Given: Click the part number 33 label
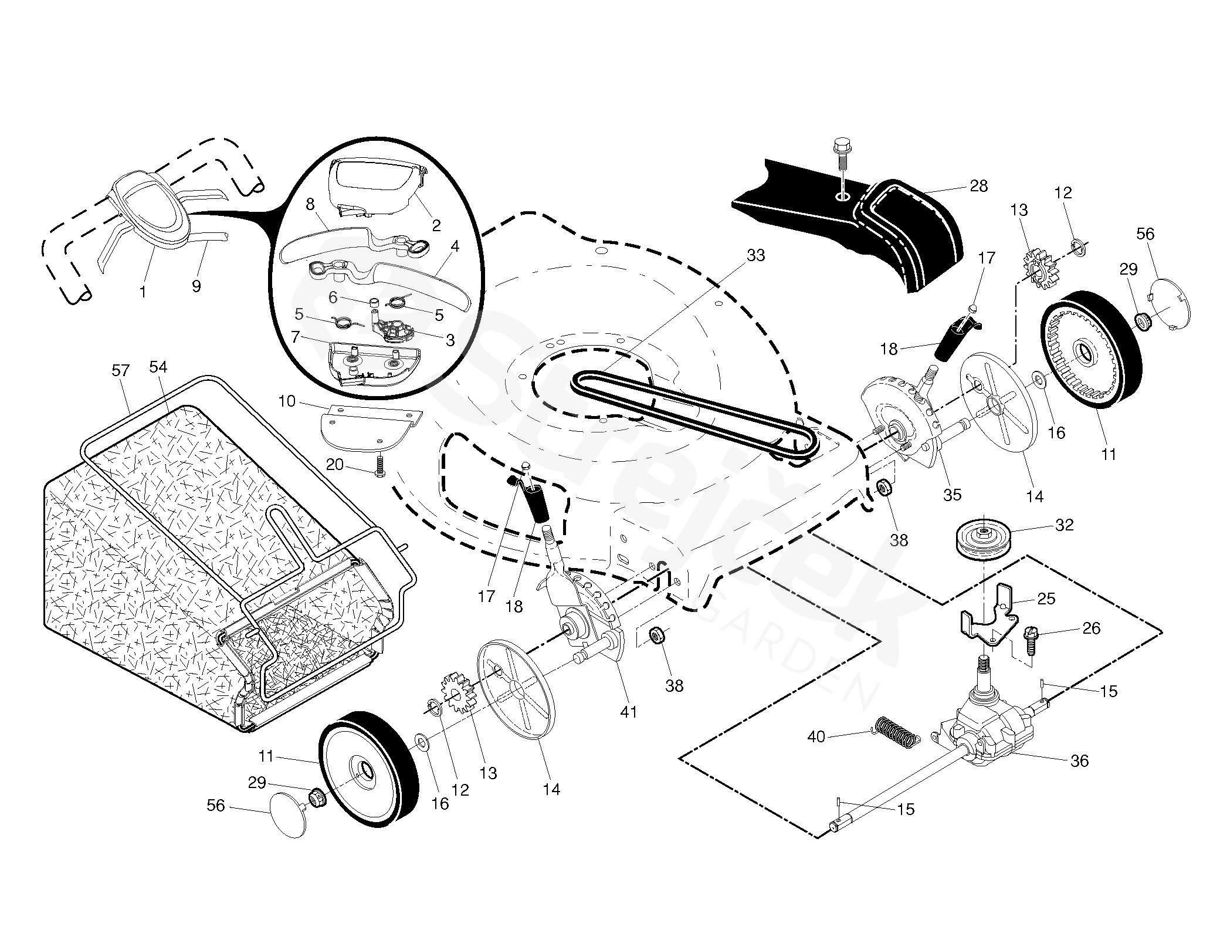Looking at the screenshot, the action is [756, 255].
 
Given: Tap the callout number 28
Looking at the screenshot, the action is [978, 186].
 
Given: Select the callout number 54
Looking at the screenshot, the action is [158, 367].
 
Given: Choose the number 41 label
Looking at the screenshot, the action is [628, 712].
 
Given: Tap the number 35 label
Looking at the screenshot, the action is [952, 495].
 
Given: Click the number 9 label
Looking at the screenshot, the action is [196, 286].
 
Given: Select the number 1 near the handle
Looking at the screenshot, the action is [143, 291].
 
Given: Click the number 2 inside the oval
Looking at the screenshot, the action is [436, 225].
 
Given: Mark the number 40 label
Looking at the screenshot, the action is [816, 736].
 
